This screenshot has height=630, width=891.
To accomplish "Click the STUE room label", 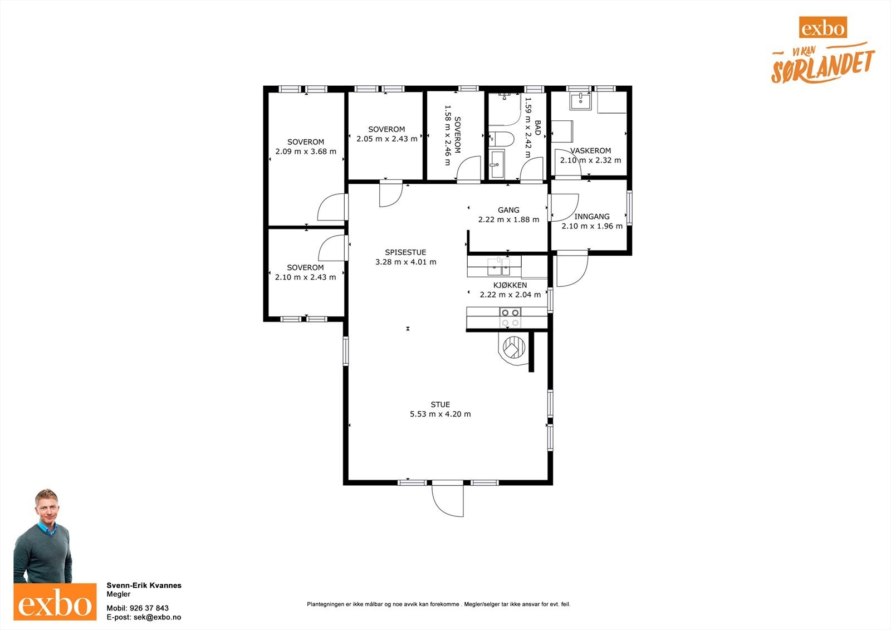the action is tap(440, 404).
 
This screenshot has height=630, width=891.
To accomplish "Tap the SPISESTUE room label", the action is tap(405, 252).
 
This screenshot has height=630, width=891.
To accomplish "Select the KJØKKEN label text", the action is tap(510, 285).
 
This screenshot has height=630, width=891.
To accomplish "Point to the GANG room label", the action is tap(508, 210).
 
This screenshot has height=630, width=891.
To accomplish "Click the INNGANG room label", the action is tap(592, 217).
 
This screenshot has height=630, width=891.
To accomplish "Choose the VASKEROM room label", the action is tap(590, 150).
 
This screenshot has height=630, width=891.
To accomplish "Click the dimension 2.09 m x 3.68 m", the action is tap(306, 152).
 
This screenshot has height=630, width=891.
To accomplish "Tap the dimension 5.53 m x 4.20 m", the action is tap(440, 414).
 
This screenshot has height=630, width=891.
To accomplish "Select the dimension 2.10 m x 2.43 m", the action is tap(306, 277).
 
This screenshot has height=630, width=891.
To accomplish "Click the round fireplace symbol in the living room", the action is tap(514, 348).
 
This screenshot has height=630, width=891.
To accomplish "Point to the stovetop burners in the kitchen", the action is tap(510, 318).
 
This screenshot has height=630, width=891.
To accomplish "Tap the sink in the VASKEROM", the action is tap(580, 101).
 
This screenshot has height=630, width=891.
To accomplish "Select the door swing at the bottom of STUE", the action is tap(448, 501).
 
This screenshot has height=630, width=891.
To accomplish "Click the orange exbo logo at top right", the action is tap(823, 27).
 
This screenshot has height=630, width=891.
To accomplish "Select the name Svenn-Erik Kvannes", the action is tap(144, 585).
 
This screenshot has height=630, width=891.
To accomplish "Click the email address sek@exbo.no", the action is tap(157, 617).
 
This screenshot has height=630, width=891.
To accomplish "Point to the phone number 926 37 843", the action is tap(149, 608).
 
